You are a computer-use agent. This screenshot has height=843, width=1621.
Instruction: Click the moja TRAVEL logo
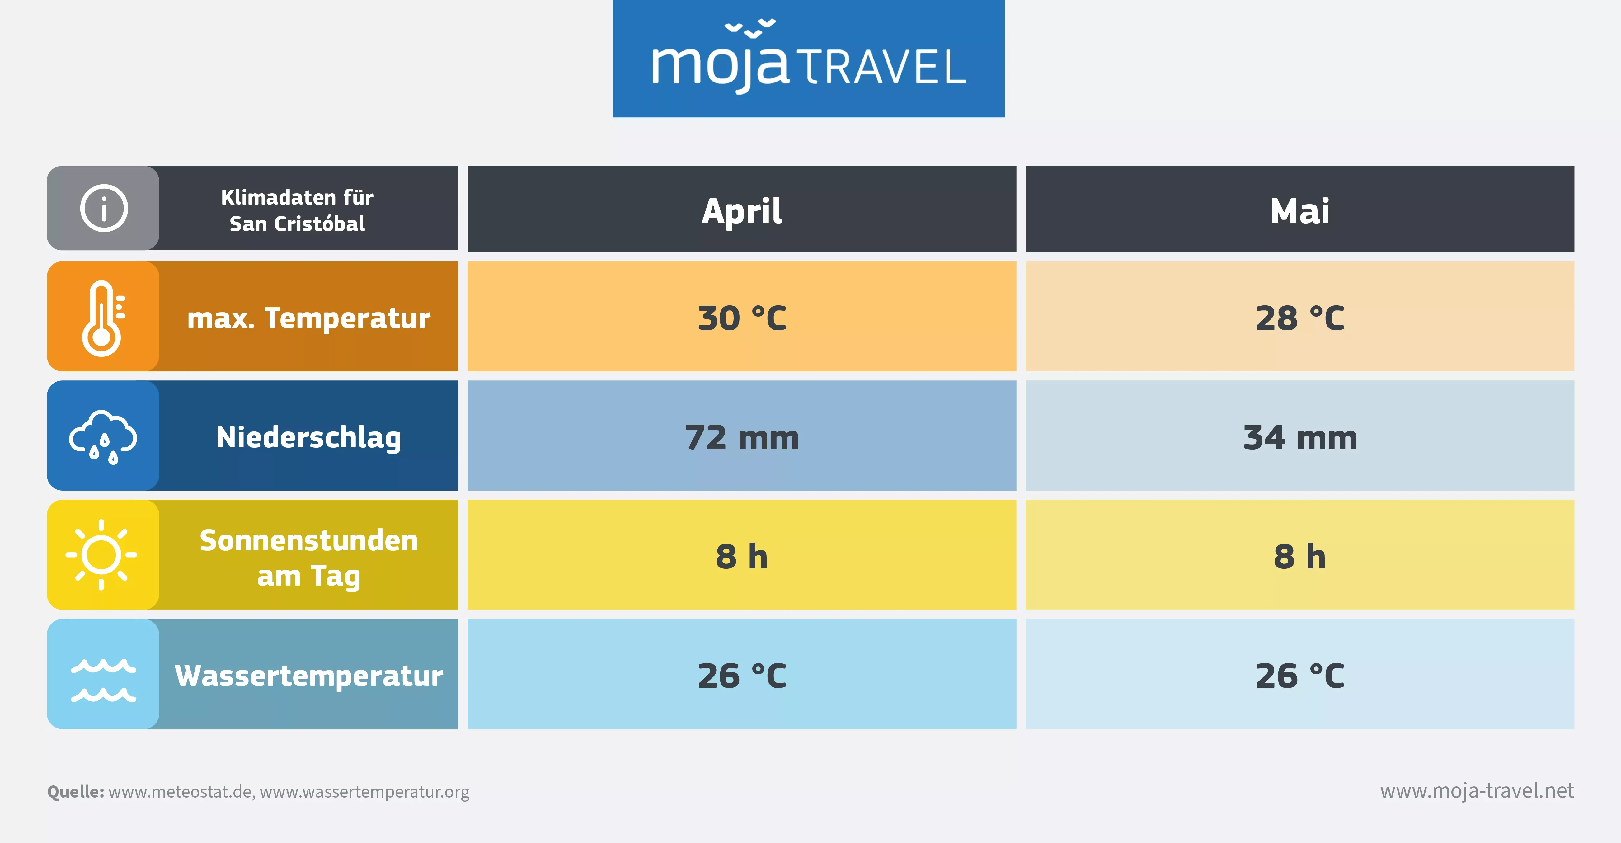(808, 59)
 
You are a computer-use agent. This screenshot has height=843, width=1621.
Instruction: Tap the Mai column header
(1299, 211)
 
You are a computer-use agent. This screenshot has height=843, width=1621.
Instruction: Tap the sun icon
(101, 555)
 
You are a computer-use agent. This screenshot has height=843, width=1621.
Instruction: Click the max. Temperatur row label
(308, 318)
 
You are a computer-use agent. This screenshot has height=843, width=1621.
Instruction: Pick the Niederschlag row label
(308, 438)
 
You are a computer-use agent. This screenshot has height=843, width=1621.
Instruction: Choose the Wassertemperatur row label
(308, 676)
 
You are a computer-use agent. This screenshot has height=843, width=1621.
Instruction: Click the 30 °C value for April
(742, 318)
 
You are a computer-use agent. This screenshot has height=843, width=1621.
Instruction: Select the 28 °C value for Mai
(1299, 318)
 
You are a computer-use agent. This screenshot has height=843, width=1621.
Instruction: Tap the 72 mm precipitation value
(742, 438)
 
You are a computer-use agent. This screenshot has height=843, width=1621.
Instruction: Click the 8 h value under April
(742, 557)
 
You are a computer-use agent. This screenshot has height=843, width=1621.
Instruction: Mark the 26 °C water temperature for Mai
(1299, 676)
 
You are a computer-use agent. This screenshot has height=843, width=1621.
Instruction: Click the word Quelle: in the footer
(76, 791)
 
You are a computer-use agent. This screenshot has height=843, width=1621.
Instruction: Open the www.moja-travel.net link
(1477, 791)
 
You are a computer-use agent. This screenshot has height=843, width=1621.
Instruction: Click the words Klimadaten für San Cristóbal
(297, 210)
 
